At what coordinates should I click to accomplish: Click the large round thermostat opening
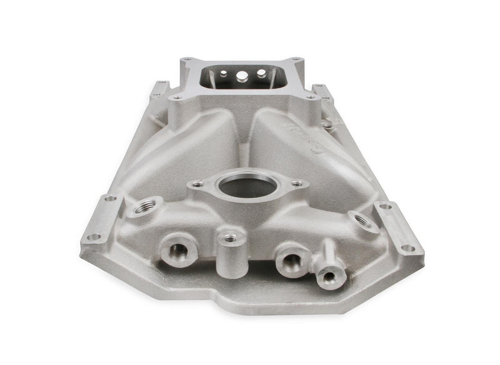coord(247,185)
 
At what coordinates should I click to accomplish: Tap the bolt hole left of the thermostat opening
coord(198,184)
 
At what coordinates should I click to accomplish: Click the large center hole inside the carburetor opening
coord(240,76)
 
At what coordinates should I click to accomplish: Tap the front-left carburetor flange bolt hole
coord(177,97)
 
